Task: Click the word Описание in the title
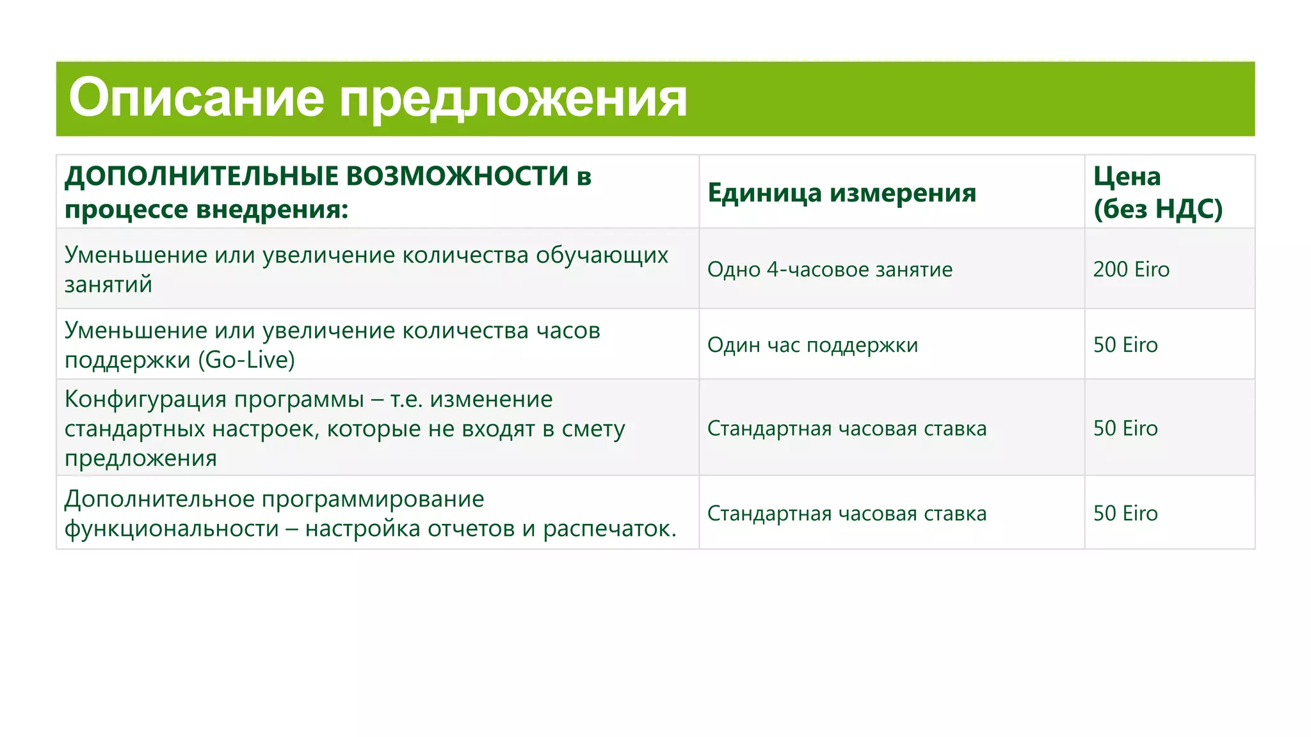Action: pos(197,98)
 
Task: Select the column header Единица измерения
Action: pos(841,193)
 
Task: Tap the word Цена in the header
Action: pos(1127,176)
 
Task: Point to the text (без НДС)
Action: pos(1157,209)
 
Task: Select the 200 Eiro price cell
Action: pos(1131,269)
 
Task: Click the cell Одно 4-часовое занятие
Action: pos(830,269)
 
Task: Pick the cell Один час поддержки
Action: pos(812,345)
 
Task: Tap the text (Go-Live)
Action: pos(246,360)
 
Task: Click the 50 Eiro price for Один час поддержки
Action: pos(1125,345)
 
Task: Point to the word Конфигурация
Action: pos(146,399)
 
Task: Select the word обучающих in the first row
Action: pos(602,255)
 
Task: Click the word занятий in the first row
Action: pos(108,284)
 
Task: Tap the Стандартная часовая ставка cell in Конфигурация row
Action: pos(846,428)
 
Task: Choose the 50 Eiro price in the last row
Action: pos(1125,513)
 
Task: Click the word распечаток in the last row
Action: pos(609,528)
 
